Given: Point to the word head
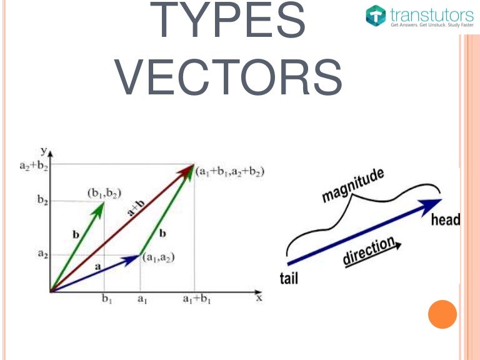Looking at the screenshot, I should click(445, 219).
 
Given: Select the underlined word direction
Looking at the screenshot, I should click(369, 251).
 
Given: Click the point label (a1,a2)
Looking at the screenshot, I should click(157, 257).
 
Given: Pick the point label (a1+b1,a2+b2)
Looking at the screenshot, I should click(229, 171).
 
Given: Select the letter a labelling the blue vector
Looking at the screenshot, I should click(97, 266).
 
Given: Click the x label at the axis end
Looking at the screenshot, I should click(258, 298).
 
